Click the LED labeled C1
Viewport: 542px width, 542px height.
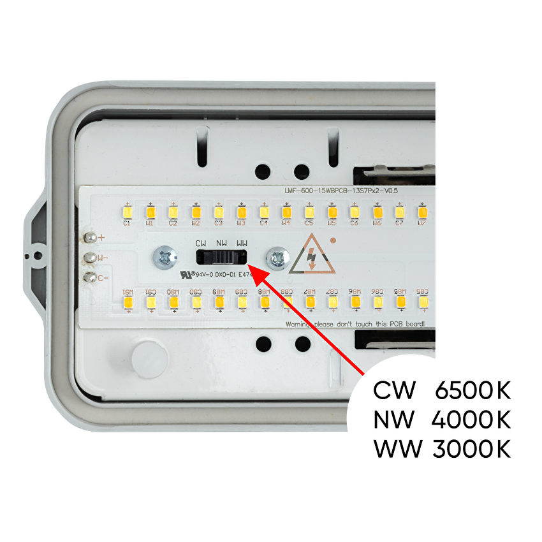coord(127,212)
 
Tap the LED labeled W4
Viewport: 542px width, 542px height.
coord(286,212)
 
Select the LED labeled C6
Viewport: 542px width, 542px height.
coord(355,212)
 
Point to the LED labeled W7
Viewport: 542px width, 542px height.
coord(422,212)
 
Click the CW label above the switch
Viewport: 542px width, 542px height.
coord(201,244)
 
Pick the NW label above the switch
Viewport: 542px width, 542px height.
coord(221,244)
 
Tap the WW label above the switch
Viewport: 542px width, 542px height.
coord(242,244)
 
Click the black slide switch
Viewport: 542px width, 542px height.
coord(221,257)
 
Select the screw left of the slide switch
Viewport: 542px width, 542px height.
coord(165,257)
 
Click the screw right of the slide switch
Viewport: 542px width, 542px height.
coord(278,258)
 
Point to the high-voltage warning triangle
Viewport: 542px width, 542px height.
coord(311,255)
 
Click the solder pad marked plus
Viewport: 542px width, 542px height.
coord(91,238)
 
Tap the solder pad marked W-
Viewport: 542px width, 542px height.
coord(91,258)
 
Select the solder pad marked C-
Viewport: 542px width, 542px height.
coord(91,277)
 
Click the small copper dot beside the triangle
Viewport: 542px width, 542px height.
coord(332,240)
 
